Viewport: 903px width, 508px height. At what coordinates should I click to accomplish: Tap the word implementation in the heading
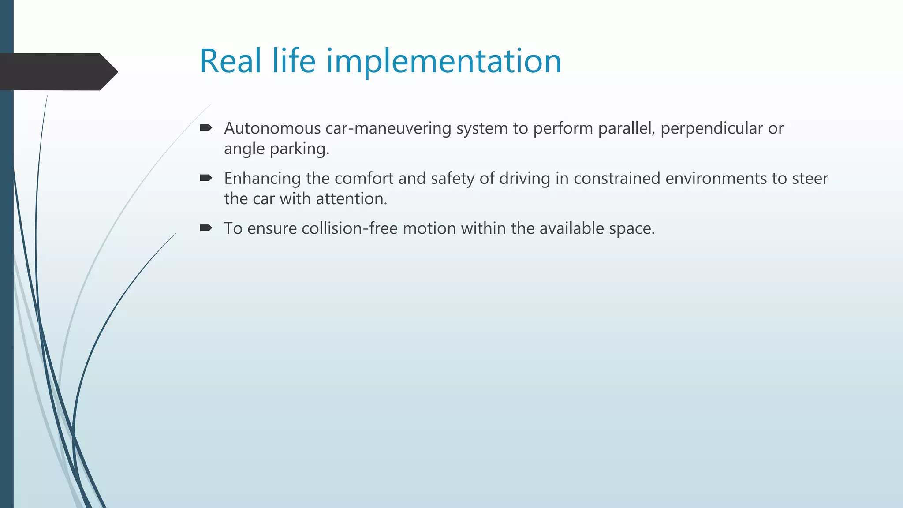coord(444,62)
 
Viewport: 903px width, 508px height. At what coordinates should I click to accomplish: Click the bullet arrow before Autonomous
coord(206,128)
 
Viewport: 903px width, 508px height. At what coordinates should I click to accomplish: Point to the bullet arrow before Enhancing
coord(206,178)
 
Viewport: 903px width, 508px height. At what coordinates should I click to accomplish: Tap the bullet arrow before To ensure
coord(206,228)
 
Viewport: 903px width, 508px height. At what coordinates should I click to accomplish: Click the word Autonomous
coord(272,128)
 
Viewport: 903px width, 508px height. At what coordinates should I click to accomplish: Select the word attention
coord(351,199)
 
